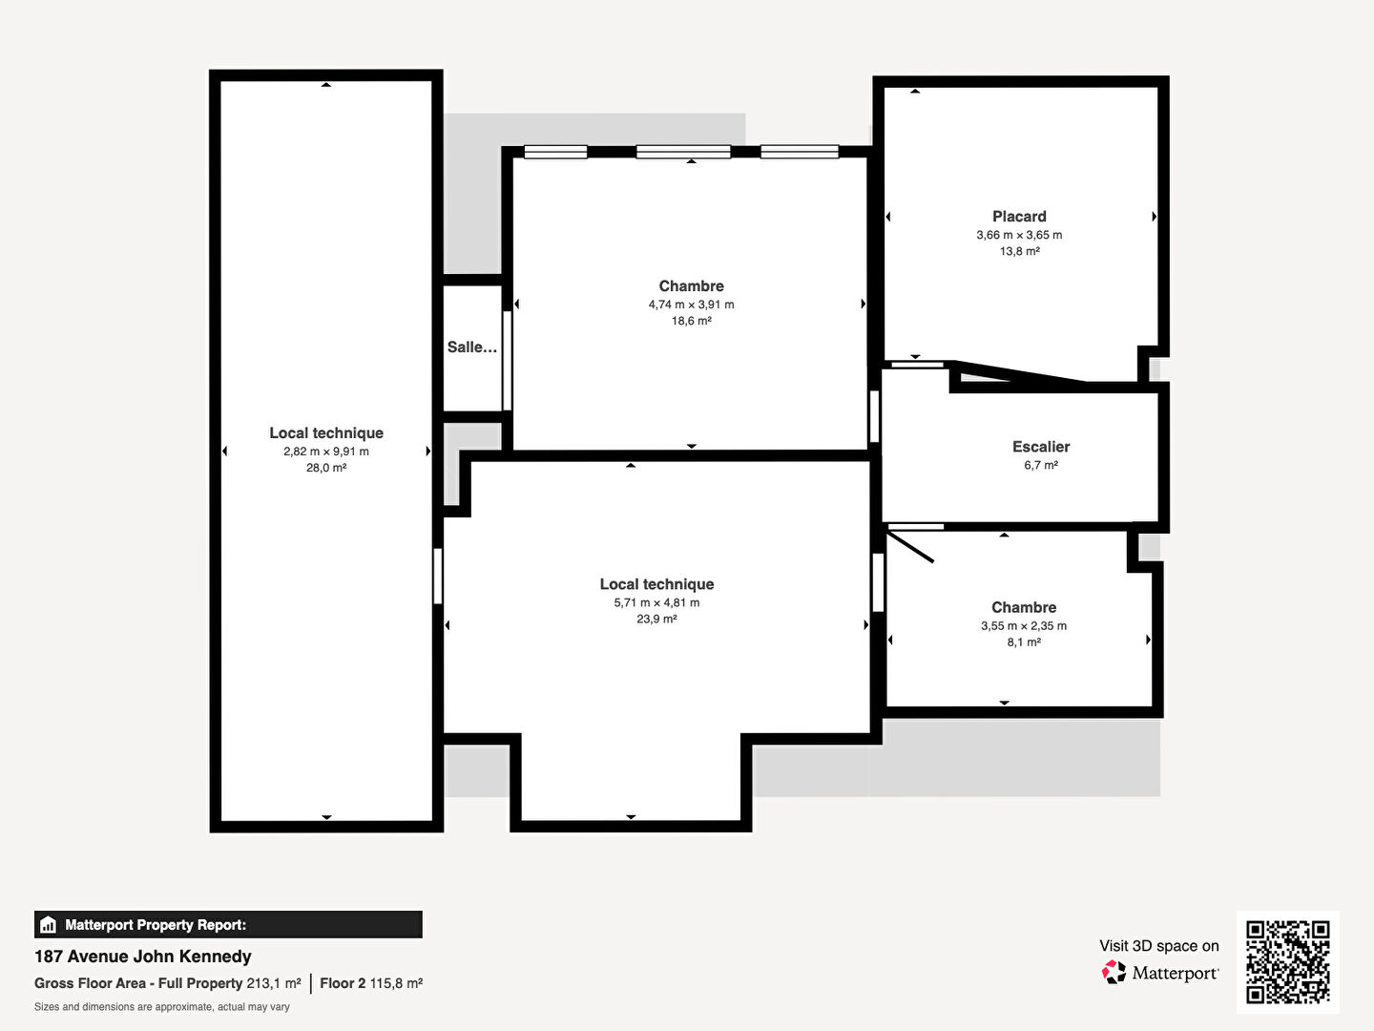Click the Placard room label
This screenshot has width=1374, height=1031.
1019,217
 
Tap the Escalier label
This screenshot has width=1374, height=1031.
1041,447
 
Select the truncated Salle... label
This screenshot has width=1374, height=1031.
472,347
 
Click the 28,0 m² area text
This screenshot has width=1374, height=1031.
326,468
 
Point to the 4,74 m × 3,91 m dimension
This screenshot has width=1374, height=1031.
691,305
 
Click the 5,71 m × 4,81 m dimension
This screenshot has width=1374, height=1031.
656,602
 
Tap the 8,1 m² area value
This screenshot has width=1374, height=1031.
1024,642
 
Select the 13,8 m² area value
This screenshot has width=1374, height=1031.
1020,252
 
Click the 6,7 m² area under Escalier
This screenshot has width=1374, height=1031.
1041,465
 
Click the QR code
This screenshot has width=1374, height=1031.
1287,962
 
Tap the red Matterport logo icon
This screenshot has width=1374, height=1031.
1114,972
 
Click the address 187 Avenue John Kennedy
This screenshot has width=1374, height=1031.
143,957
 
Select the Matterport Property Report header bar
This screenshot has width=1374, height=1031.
228,925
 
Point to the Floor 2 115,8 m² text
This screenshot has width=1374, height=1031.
371,983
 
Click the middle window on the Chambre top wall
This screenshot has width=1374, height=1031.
683,152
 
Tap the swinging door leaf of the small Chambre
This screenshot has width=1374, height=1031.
910,547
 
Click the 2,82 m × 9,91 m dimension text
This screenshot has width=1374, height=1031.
326,452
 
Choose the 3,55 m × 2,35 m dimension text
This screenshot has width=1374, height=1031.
1024,626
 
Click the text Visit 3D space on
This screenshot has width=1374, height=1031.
1159,946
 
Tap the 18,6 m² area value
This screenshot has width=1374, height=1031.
691,321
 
